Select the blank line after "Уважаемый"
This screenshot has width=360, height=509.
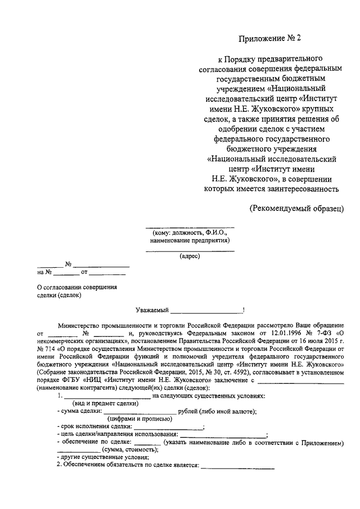[x=206, y=310]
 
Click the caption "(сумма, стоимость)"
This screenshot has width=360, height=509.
[x=128, y=450]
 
